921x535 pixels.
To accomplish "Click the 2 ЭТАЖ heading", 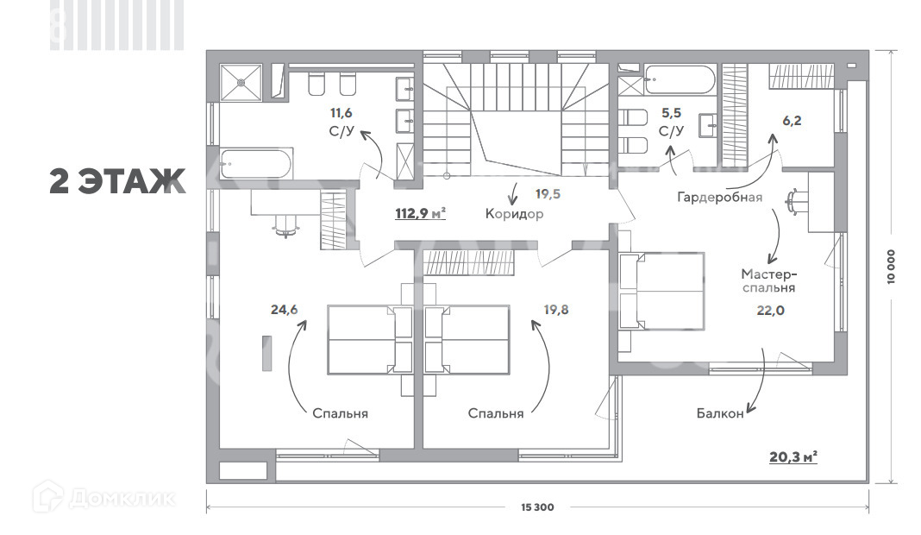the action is pyautogui.click(x=117, y=180).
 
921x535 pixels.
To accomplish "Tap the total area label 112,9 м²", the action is pyautogui.click(x=420, y=213).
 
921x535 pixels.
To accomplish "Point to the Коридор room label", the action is pyautogui.click(x=514, y=214).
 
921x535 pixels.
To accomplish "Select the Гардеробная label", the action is pyautogui.click(x=719, y=197).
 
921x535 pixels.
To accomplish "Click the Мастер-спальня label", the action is pyautogui.click(x=769, y=280).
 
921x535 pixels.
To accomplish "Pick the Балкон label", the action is pyautogui.click(x=720, y=413).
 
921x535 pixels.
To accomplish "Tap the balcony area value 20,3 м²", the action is pyautogui.click(x=793, y=456).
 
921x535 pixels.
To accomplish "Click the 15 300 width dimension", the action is pyautogui.click(x=537, y=507).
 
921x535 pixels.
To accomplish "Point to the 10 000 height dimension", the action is pyautogui.click(x=892, y=267).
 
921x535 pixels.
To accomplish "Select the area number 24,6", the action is pyautogui.click(x=285, y=309).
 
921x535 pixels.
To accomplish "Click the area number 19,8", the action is pyautogui.click(x=555, y=309).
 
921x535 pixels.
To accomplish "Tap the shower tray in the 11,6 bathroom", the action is pyautogui.click(x=241, y=82).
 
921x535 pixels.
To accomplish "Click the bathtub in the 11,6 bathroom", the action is pyautogui.click(x=256, y=164).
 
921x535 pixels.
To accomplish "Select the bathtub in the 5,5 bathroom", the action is pyautogui.click(x=680, y=80).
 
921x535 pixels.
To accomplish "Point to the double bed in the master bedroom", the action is pyautogui.click(x=662, y=291).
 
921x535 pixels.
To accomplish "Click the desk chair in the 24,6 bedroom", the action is pyautogui.click(x=286, y=224).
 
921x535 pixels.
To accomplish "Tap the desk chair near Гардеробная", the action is pyautogui.click(x=795, y=200).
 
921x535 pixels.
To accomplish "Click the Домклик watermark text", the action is pyautogui.click(x=122, y=499).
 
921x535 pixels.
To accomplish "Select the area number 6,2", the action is pyautogui.click(x=791, y=121).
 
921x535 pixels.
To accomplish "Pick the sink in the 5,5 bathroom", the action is pyautogui.click(x=708, y=125).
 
